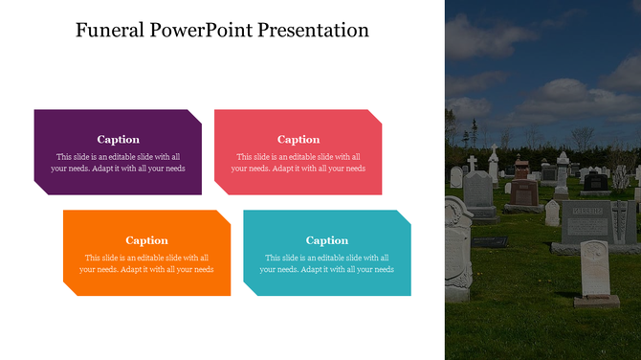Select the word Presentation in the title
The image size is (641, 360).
click(x=316, y=30)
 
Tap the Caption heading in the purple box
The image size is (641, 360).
click(x=118, y=140)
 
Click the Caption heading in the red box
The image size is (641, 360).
click(x=298, y=140)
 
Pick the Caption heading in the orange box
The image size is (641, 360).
click(x=146, y=240)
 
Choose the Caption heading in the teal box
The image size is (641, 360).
click(x=326, y=240)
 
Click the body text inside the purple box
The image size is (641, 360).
click(x=118, y=163)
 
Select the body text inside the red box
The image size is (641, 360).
click(x=298, y=163)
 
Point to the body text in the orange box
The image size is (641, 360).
click(x=146, y=263)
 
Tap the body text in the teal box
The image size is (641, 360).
click(x=326, y=263)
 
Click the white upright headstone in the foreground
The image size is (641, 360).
click(x=595, y=271)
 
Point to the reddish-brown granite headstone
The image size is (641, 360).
click(x=522, y=191)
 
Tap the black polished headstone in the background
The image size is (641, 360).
click(x=595, y=181)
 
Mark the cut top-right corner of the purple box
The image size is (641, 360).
click(x=195, y=116)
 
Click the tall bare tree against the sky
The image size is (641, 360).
click(x=471, y=134)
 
